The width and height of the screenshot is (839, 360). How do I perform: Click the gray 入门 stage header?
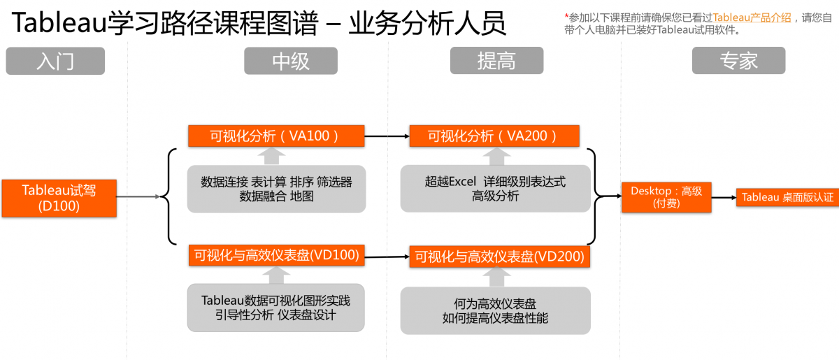[x=55, y=61]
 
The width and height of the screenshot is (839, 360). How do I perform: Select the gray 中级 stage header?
[x=290, y=61]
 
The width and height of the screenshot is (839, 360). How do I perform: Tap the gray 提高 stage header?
[x=496, y=61]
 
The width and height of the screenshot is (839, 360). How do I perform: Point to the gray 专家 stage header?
[x=738, y=61]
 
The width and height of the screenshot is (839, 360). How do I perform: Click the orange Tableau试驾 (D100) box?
[x=59, y=198]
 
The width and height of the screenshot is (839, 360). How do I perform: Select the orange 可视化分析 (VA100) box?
[x=276, y=136]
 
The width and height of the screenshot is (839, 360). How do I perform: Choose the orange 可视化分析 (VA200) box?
[x=494, y=136]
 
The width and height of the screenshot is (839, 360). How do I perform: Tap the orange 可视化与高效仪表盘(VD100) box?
[x=276, y=256]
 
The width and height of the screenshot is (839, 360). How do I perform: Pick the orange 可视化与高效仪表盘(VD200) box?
[x=499, y=257]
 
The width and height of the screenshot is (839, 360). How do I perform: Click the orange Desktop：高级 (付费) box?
[x=666, y=197]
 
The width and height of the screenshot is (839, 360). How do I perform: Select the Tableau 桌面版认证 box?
[x=787, y=197]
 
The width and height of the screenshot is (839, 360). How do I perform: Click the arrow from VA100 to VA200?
[x=387, y=136]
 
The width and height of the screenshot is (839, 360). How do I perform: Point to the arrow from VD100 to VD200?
[x=387, y=257]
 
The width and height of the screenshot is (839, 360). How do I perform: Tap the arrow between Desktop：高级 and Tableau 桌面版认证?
[x=724, y=197]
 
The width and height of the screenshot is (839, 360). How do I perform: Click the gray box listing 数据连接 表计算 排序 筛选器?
[x=276, y=189]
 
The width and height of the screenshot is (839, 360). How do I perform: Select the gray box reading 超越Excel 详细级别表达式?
[x=495, y=189]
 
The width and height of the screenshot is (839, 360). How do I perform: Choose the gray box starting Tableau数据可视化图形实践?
[x=276, y=308]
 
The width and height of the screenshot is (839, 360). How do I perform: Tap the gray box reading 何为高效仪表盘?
[x=495, y=310]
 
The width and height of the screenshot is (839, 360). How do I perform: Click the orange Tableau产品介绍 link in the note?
[x=752, y=17]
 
